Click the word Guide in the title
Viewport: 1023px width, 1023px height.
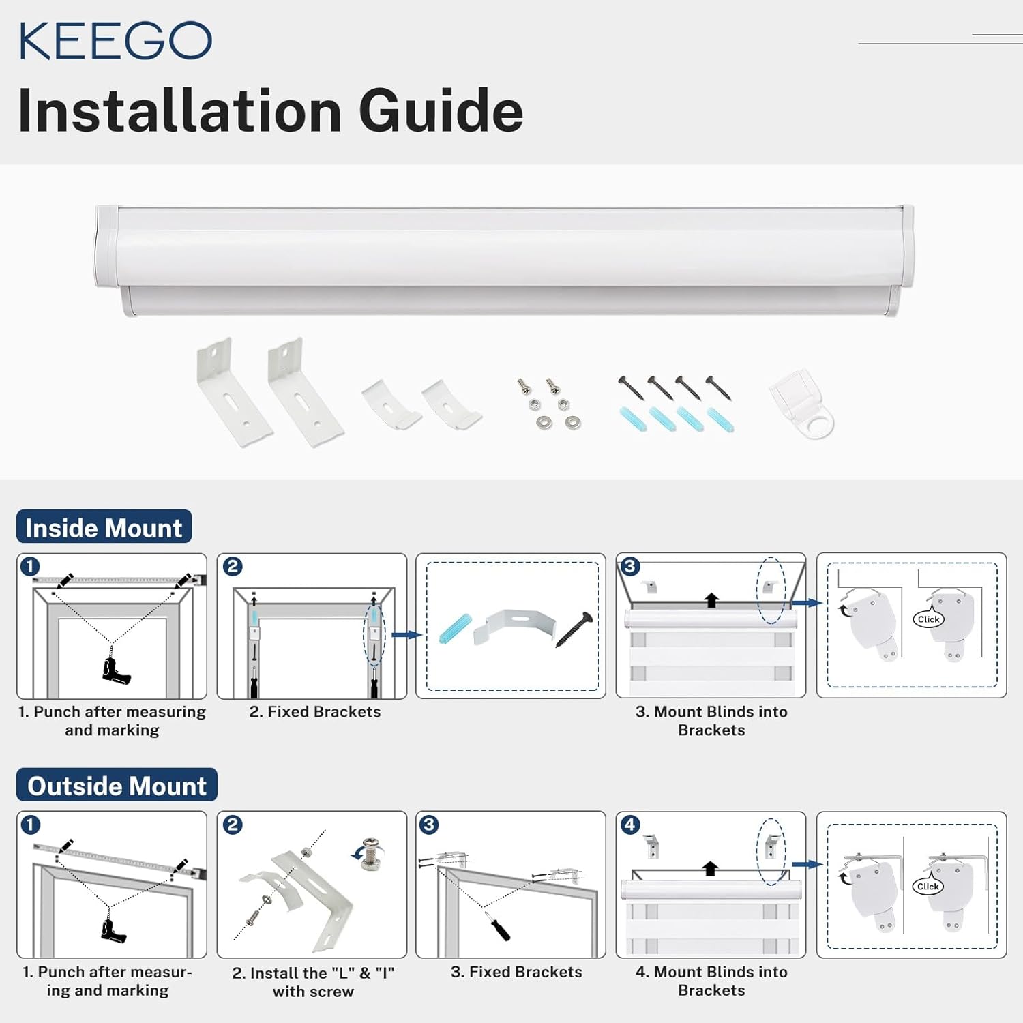[441, 111]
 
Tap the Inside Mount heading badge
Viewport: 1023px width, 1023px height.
[104, 528]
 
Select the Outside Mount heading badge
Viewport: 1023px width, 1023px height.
[117, 786]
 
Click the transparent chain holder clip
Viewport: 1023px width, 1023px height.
[803, 404]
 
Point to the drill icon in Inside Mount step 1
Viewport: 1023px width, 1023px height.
[115, 669]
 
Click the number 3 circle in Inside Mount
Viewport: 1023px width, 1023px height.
[629, 566]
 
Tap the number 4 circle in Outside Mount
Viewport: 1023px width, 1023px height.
[629, 825]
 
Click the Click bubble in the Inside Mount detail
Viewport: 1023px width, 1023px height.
[928, 619]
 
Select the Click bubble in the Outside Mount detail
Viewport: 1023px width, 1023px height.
[928, 887]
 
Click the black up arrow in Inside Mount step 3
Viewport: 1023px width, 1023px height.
[711, 600]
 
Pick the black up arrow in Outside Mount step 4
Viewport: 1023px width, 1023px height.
[711, 868]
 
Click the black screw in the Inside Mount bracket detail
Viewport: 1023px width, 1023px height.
[574, 629]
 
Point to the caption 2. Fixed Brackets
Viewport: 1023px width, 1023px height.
[315, 711]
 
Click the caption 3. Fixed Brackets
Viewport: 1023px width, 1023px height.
[516, 972]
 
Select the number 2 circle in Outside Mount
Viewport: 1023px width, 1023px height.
[233, 825]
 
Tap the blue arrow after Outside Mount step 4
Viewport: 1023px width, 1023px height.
[807, 864]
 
